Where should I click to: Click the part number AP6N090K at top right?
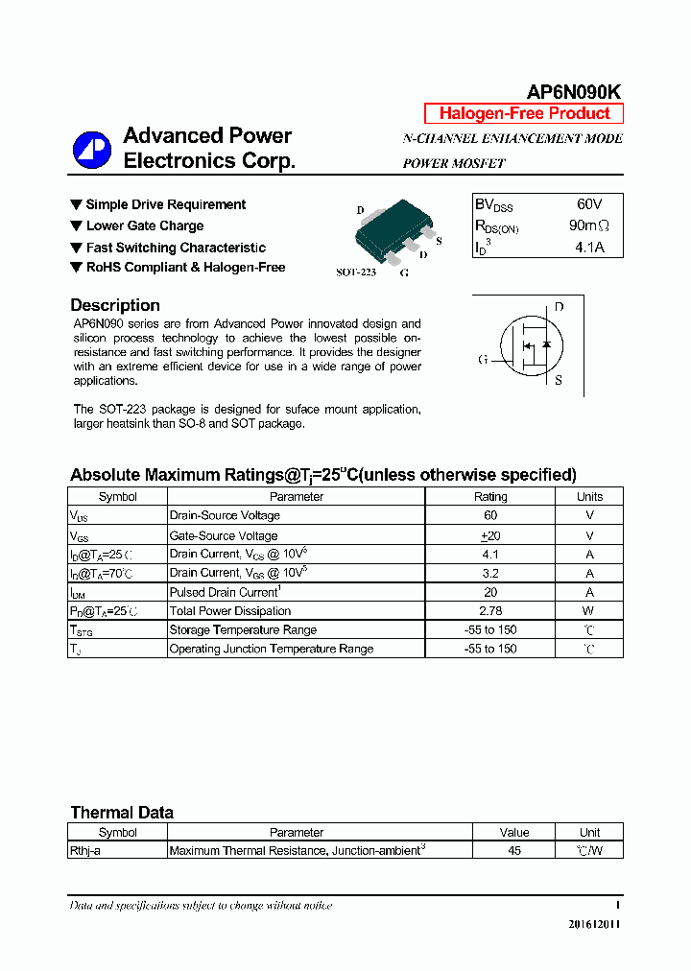(x=574, y=91)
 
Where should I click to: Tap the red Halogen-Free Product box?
(x=524, y=113)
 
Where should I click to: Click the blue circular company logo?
(x=93, y=150)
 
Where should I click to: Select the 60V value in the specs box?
(x=589, y=204)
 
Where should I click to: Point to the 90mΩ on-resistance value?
(x=588, y=226)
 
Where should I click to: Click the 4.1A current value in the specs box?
(x=587, y=248)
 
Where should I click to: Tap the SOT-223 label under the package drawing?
(x=355, y=272)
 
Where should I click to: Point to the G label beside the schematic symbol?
(x=483, y=360)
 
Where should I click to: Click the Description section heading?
(x=115, y=305)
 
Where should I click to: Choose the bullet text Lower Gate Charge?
(x=144, y=226)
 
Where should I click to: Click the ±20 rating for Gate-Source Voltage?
(x=490, y=535)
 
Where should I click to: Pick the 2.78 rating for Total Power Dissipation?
(x=490, y=611)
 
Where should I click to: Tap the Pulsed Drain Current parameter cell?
(x=224, y=592)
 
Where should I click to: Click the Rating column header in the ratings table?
(x=490, y=497)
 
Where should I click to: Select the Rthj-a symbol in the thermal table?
(x=85, y=850)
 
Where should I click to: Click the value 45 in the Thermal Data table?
(x=514, y=850)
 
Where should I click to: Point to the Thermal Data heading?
(x=122, y=813)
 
